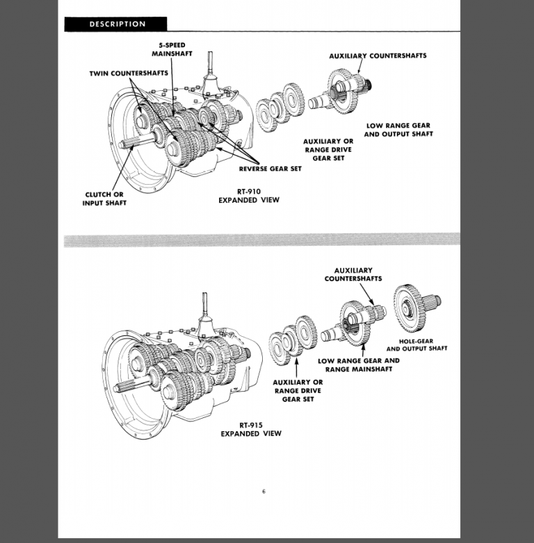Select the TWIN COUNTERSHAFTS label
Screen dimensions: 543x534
pyautogui.click(x=128, y=73)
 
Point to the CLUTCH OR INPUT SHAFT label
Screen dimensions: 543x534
pyautogui.click(x=104, y=199)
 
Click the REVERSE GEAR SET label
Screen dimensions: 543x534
pyautogui.click(x=270, y=169)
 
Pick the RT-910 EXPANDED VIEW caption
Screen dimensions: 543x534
pyautogui.click(x=249, y=195)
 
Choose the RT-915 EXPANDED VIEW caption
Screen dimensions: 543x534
pyautogui.click(x=250, y=429)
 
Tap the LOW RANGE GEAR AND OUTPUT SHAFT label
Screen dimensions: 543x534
pyautogui.click(x=398, y=130)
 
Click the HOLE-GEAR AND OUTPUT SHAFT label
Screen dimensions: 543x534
pyautogui.click(x=416, y=344)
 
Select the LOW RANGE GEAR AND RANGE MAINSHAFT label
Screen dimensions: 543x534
pyautogui.click(x=358, y=365)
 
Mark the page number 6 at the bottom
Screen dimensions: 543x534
pyautogui.click(x=264, y=492)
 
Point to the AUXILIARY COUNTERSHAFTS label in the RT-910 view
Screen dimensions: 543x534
pyautogui.click(x=378, y=55)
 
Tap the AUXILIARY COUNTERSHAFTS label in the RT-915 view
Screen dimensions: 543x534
pyautogui.click(x=353, y=274)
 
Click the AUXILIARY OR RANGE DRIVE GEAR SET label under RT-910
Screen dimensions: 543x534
pyautogui.click(x=327, y=149)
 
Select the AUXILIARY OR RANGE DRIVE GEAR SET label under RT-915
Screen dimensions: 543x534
pyautogui.click(x=298, y=391)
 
